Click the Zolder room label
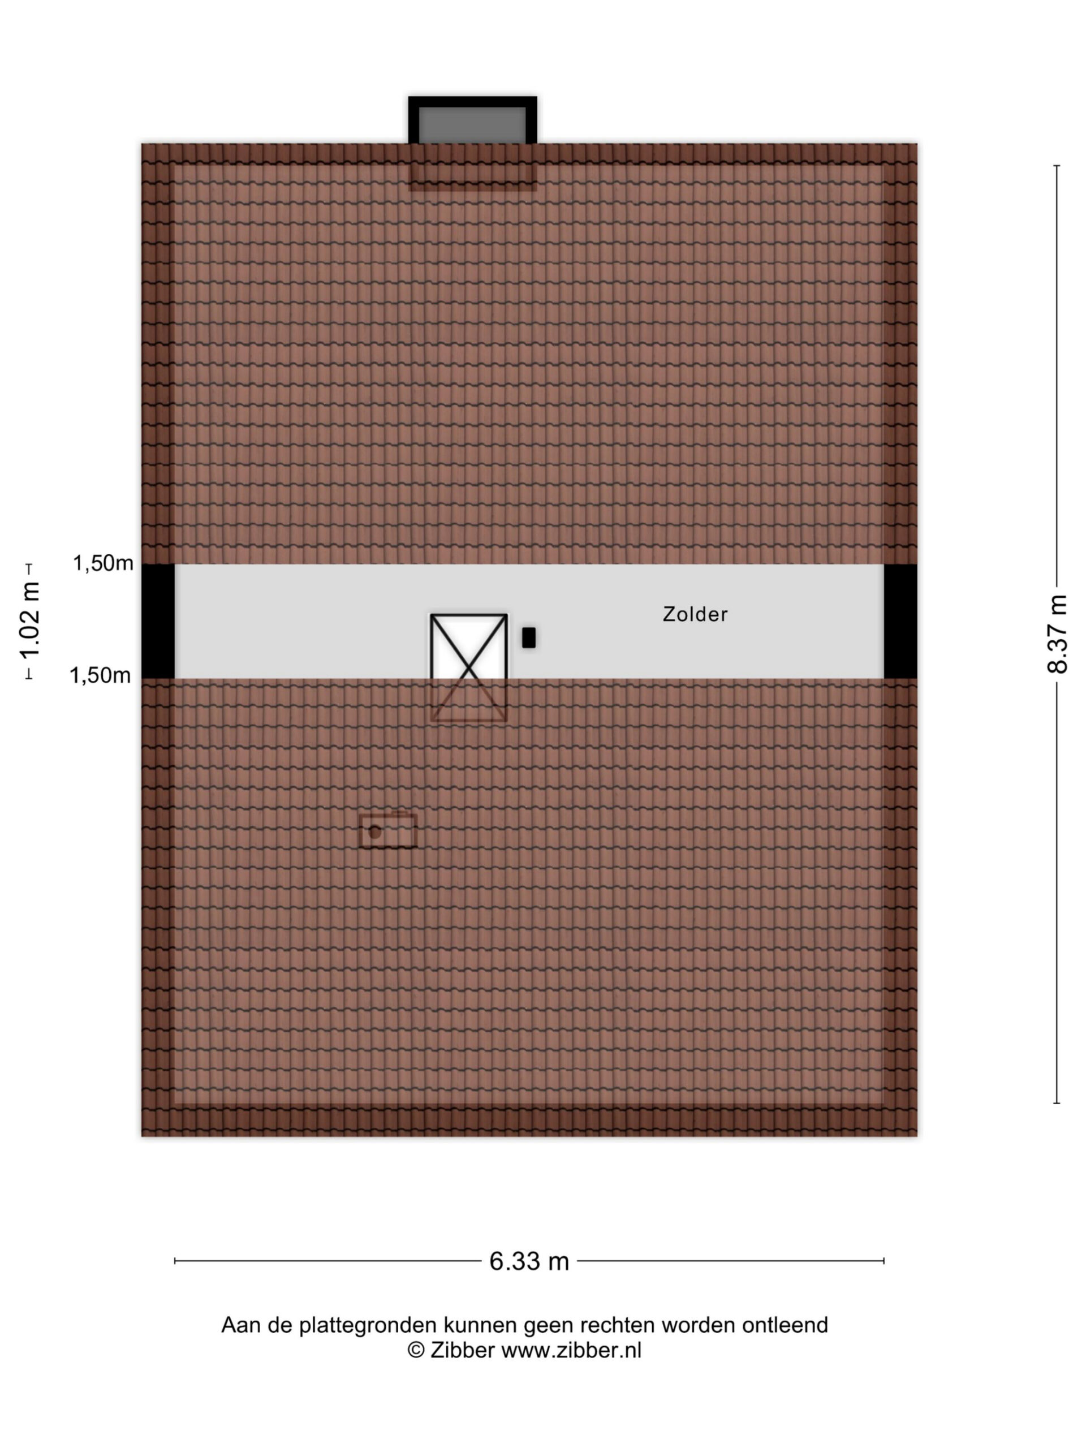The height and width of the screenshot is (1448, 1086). coord(695,614)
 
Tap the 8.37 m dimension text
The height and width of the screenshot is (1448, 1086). coord(1057,633)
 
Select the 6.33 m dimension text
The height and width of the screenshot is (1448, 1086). coord(529,1261)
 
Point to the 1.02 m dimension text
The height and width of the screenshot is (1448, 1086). coord(29,620)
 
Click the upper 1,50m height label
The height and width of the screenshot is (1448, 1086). coord(103,563)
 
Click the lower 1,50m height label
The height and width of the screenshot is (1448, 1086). coord(100,675)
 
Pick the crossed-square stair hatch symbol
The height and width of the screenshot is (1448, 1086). coord(469,667)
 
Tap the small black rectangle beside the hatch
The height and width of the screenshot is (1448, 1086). coord(529,637)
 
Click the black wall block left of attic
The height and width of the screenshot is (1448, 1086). coord(158,620)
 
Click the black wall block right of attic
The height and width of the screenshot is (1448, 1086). coord(900,620)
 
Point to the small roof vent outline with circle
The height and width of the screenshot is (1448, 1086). coord(388,830)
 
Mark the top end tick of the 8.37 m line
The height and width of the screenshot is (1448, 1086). coord(1057,166)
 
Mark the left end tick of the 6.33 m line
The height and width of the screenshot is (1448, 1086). coord(175,1261)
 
